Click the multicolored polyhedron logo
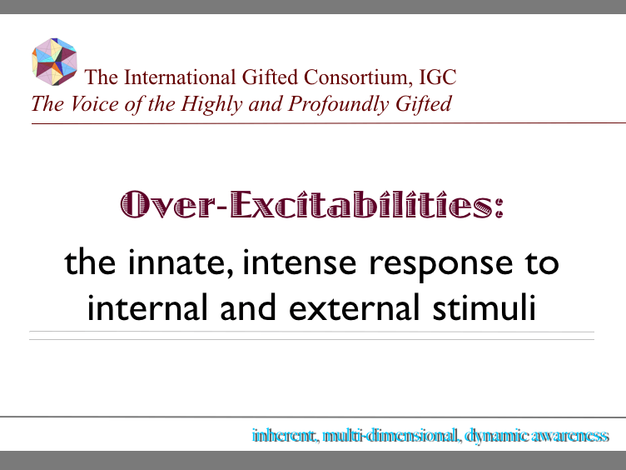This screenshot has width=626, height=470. pyautogui.click(x=54, y=61)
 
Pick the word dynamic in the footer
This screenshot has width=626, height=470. pyautogui.click(x=494, y=436)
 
